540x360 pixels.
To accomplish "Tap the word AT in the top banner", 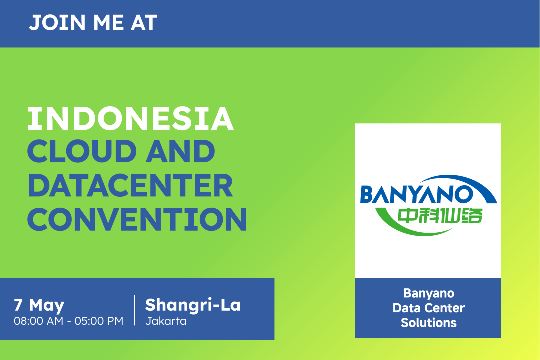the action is [144, 23].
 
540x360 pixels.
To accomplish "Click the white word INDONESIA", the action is [131, 119].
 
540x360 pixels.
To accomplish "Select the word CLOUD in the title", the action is [82, 151].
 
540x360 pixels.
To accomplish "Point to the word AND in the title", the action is [180, 151].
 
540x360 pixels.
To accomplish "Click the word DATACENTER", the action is [130, 185].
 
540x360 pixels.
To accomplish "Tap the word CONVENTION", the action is [137, 219].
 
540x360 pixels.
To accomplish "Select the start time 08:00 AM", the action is [39, 321].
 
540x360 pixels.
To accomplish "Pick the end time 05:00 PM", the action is [99, 321].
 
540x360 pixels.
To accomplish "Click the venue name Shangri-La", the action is [193, 305].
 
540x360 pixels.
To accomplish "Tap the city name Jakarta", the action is [166, 321].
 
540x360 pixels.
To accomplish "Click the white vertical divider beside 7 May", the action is [134, 310].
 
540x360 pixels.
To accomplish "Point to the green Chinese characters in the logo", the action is [440, 216].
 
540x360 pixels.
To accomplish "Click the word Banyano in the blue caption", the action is [429, 293].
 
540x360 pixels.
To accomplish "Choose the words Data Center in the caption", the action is [429, 308].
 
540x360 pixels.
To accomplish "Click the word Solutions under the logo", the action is [429, 323].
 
